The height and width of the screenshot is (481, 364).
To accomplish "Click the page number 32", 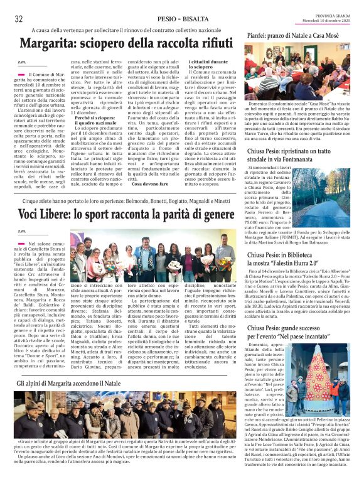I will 18,19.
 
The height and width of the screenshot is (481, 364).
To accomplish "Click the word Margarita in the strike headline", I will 48,45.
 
